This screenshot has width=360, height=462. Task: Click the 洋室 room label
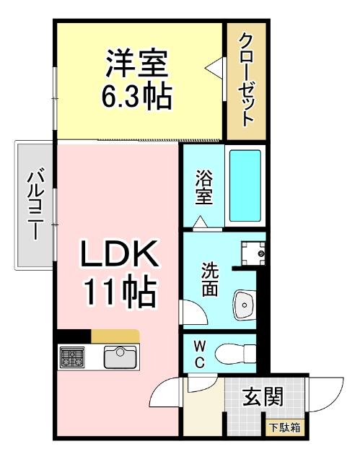[137, 64]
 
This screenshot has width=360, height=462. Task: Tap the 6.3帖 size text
[137, 96]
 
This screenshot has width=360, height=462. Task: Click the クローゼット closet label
[246, 79]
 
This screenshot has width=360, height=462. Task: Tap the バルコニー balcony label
[33, 205]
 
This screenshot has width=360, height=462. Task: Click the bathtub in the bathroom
[245, 186]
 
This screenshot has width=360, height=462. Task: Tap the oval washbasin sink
[246, 306]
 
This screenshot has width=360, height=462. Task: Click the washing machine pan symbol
[253, 253]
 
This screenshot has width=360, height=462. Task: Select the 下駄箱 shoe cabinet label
[286, 428]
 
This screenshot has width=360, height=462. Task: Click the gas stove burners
[73, 357]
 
